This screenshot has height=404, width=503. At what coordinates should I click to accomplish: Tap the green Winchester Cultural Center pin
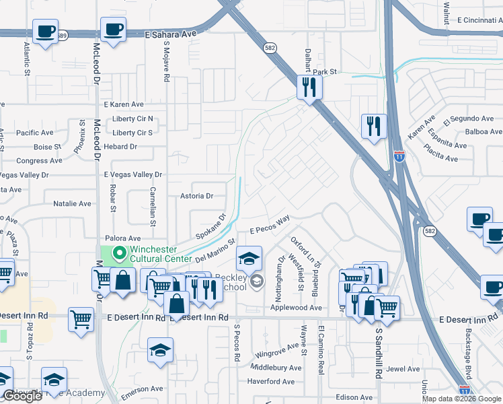tap(120, 254)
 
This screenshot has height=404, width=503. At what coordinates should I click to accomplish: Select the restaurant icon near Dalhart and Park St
tap(310, 87)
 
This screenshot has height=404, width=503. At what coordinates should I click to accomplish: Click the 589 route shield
tap(63, 36)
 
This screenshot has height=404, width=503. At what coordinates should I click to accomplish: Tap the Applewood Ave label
tap(296, 307)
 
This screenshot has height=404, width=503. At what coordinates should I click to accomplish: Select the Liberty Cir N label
tap(133, 119)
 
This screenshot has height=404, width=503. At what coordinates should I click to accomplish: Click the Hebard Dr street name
tap(120, 146)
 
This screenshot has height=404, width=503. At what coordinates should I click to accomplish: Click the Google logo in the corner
tap(22, 396)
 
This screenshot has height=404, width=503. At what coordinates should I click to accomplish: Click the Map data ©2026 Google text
tap(461, 399)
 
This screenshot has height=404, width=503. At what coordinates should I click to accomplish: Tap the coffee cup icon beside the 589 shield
tap(46, 32)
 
